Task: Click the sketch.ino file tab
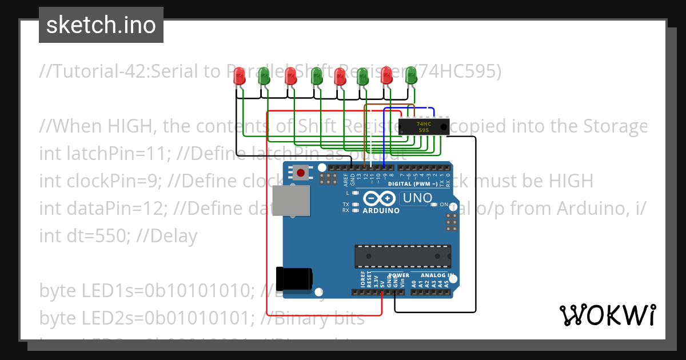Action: [x=101, y=25]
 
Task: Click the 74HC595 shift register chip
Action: [x=423, y=127]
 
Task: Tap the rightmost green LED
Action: [x=410, y=75]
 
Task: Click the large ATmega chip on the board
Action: [x=402, y=256]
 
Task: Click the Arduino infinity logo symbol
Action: [x=378, y=198]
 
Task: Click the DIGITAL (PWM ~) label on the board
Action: [x=413, y=184]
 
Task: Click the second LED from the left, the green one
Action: [x=264, y=75]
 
